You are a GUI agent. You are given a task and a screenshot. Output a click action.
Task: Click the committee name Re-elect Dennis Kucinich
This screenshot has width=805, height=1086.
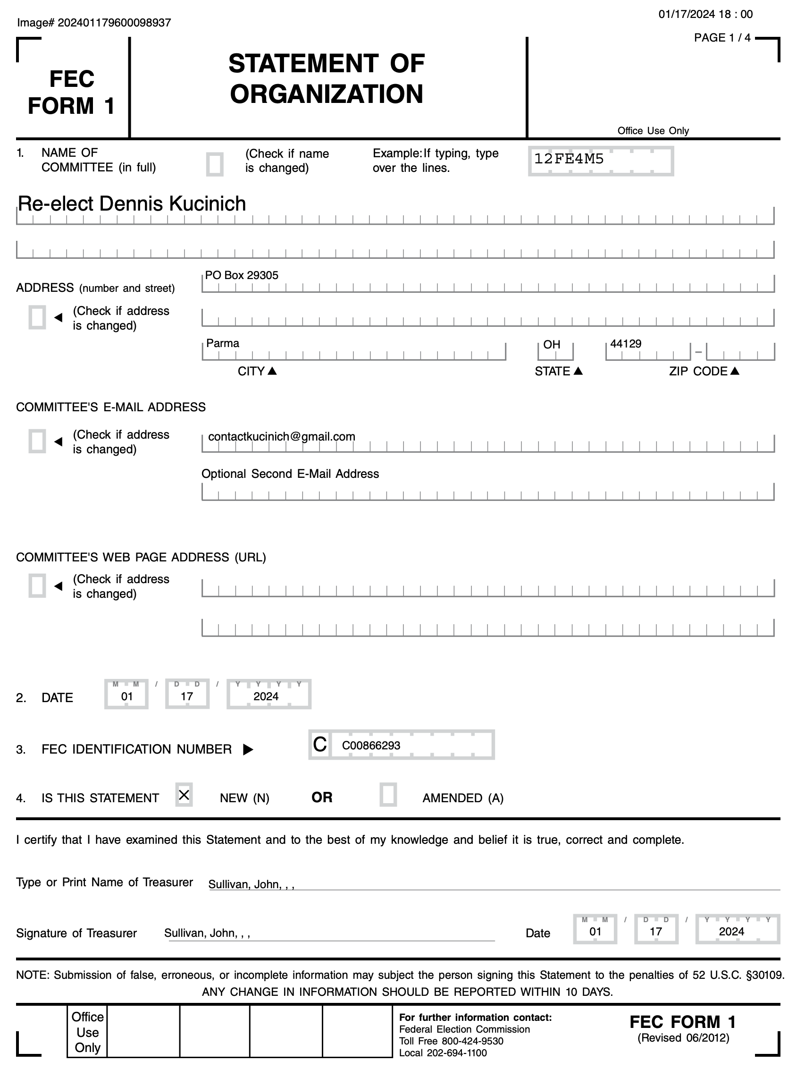[132, 204]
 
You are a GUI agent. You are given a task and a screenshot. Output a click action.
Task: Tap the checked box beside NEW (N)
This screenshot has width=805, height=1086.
[184, 795]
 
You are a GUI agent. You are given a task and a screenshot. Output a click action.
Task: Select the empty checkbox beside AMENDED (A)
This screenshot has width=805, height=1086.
[388, 795]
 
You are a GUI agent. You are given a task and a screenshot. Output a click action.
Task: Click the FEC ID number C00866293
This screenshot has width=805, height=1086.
[371, 746]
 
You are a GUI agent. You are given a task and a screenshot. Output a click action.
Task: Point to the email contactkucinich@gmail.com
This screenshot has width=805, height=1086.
[281, 437]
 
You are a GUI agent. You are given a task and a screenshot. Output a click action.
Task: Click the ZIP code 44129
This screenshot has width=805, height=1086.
[625, 344]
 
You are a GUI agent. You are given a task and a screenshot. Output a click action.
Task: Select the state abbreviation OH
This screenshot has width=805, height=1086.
[552, 345]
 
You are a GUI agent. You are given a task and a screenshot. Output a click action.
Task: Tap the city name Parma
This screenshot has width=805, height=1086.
[223, 343]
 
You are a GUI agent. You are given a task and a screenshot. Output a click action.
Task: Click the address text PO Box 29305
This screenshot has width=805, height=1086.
[242, 276]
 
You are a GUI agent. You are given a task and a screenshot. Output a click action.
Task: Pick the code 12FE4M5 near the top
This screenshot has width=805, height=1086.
[569, 159]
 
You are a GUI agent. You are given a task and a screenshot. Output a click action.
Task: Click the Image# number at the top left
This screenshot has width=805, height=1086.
[114, 23]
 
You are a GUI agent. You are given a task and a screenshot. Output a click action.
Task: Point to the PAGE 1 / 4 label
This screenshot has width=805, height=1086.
[722, 38]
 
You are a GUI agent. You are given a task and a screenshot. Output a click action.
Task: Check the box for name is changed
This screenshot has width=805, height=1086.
[214, 164]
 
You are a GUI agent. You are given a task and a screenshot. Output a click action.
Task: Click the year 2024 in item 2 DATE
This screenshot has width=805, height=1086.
[266, 697]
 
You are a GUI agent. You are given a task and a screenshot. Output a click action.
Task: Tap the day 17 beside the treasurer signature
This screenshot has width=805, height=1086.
[655, 932]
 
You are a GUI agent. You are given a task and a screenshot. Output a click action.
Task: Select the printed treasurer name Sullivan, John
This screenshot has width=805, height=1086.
[251, 884]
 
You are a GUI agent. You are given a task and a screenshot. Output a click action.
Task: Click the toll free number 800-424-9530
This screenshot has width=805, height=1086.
[472, 1041]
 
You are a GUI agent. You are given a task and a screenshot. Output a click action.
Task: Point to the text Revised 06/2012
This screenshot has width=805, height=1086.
[683, 1038]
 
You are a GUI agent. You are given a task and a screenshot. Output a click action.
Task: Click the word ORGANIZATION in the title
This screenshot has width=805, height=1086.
[327, 94]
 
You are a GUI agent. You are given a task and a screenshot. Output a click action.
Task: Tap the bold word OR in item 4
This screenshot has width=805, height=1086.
[322, 798]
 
